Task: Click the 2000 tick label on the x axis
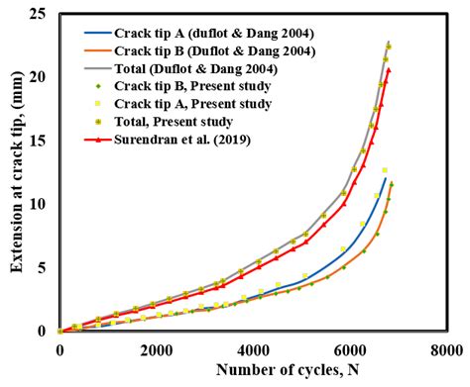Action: click(157, 348)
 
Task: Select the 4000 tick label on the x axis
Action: click(254, 348)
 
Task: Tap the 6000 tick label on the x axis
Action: click(350, 348)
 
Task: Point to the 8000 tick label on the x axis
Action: click(446, 348)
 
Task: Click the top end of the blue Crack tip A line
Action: click(385, 178)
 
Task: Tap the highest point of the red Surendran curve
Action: click(389, 69)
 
